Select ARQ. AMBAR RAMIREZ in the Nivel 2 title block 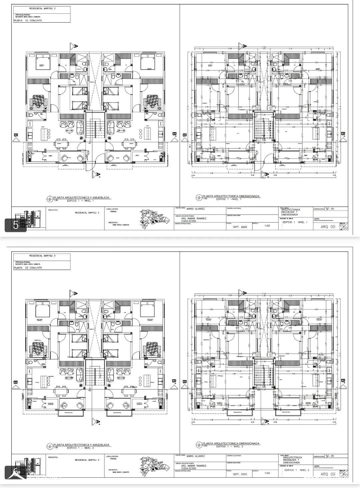coord(193,466)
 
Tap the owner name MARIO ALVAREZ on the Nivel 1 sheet coord(196,209)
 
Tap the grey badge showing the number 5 coord(15,225)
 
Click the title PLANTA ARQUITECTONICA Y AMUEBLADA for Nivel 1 coord(81,198)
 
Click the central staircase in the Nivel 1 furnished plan coord(95,128)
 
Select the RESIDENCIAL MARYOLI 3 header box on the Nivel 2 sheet coord(42,256)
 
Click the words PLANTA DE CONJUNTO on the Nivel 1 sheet coord(28,21)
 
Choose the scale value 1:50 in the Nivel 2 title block coord(267,473)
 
